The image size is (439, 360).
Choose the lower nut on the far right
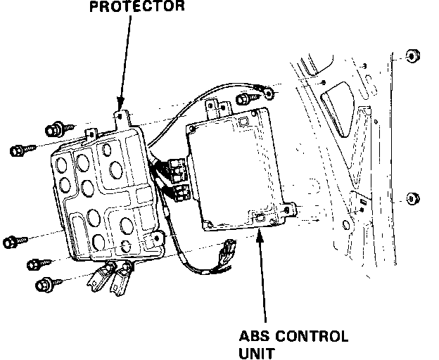coord(412,199)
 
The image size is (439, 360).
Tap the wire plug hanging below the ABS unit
coord(228,250)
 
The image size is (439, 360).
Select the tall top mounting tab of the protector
coord(122,113)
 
